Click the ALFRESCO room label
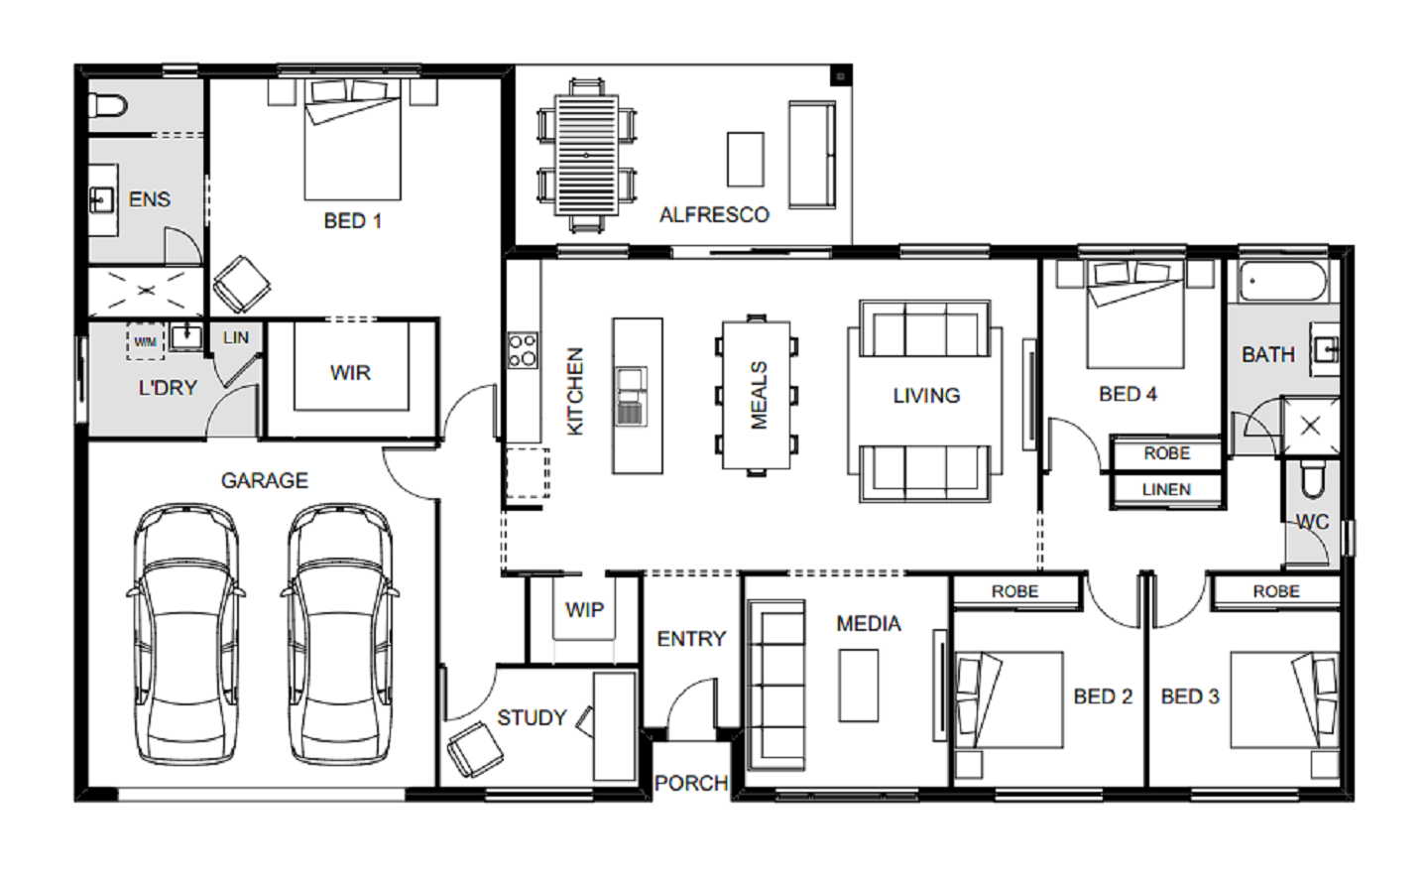[x=714, y=215]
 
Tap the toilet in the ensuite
[x=108, y=106]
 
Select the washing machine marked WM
[x=146, y=341]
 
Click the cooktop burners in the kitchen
[x=522, y=349]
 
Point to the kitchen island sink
[x=631, y=396]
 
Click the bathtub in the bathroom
[x=1282, y=281]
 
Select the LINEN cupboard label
[x=1166, y=489]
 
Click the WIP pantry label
[x=584, y=610]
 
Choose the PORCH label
[x=691, y=783]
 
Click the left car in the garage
[x=186, y=634]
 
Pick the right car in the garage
[x=340, y=634]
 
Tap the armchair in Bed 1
[x=242, y=284]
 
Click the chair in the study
[x=475, y=749]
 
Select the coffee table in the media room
[x=858, y=686]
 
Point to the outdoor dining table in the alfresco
[x=586, y=155]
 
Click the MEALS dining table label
[x=759, y=395]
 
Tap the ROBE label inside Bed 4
[x=1166, y=453]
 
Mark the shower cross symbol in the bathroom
[x=1311, y=427]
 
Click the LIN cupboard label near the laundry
[x=236, y=337]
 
